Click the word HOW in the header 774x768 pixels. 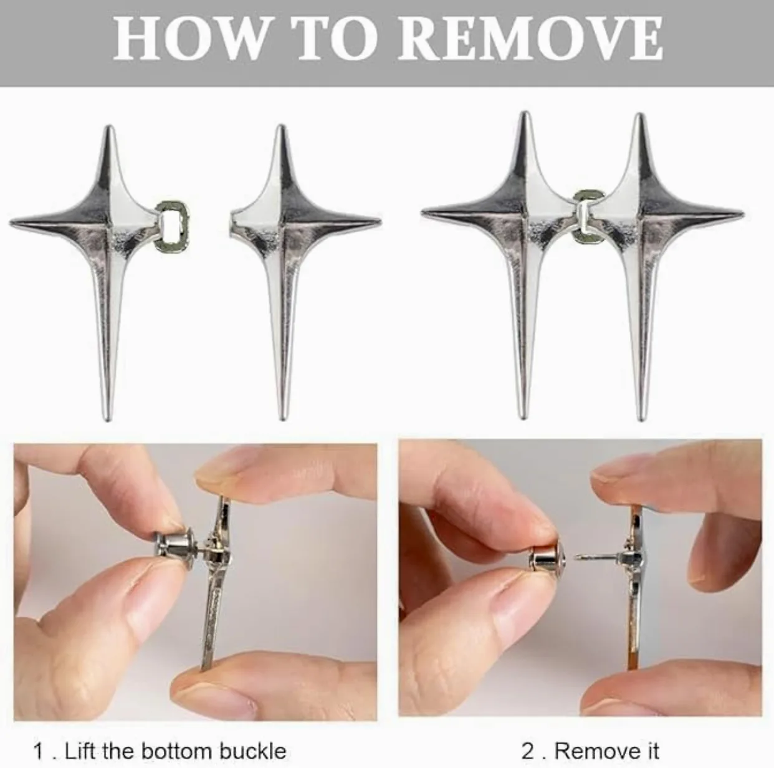(x=189, y=42)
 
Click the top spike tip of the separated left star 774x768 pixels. (x=109, y=128)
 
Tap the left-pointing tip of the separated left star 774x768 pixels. (x=12, y=222)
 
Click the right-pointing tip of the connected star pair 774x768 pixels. (x=742, y=213)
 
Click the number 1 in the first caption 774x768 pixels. (x=39, y=739)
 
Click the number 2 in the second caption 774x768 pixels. (x=528, y=739)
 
